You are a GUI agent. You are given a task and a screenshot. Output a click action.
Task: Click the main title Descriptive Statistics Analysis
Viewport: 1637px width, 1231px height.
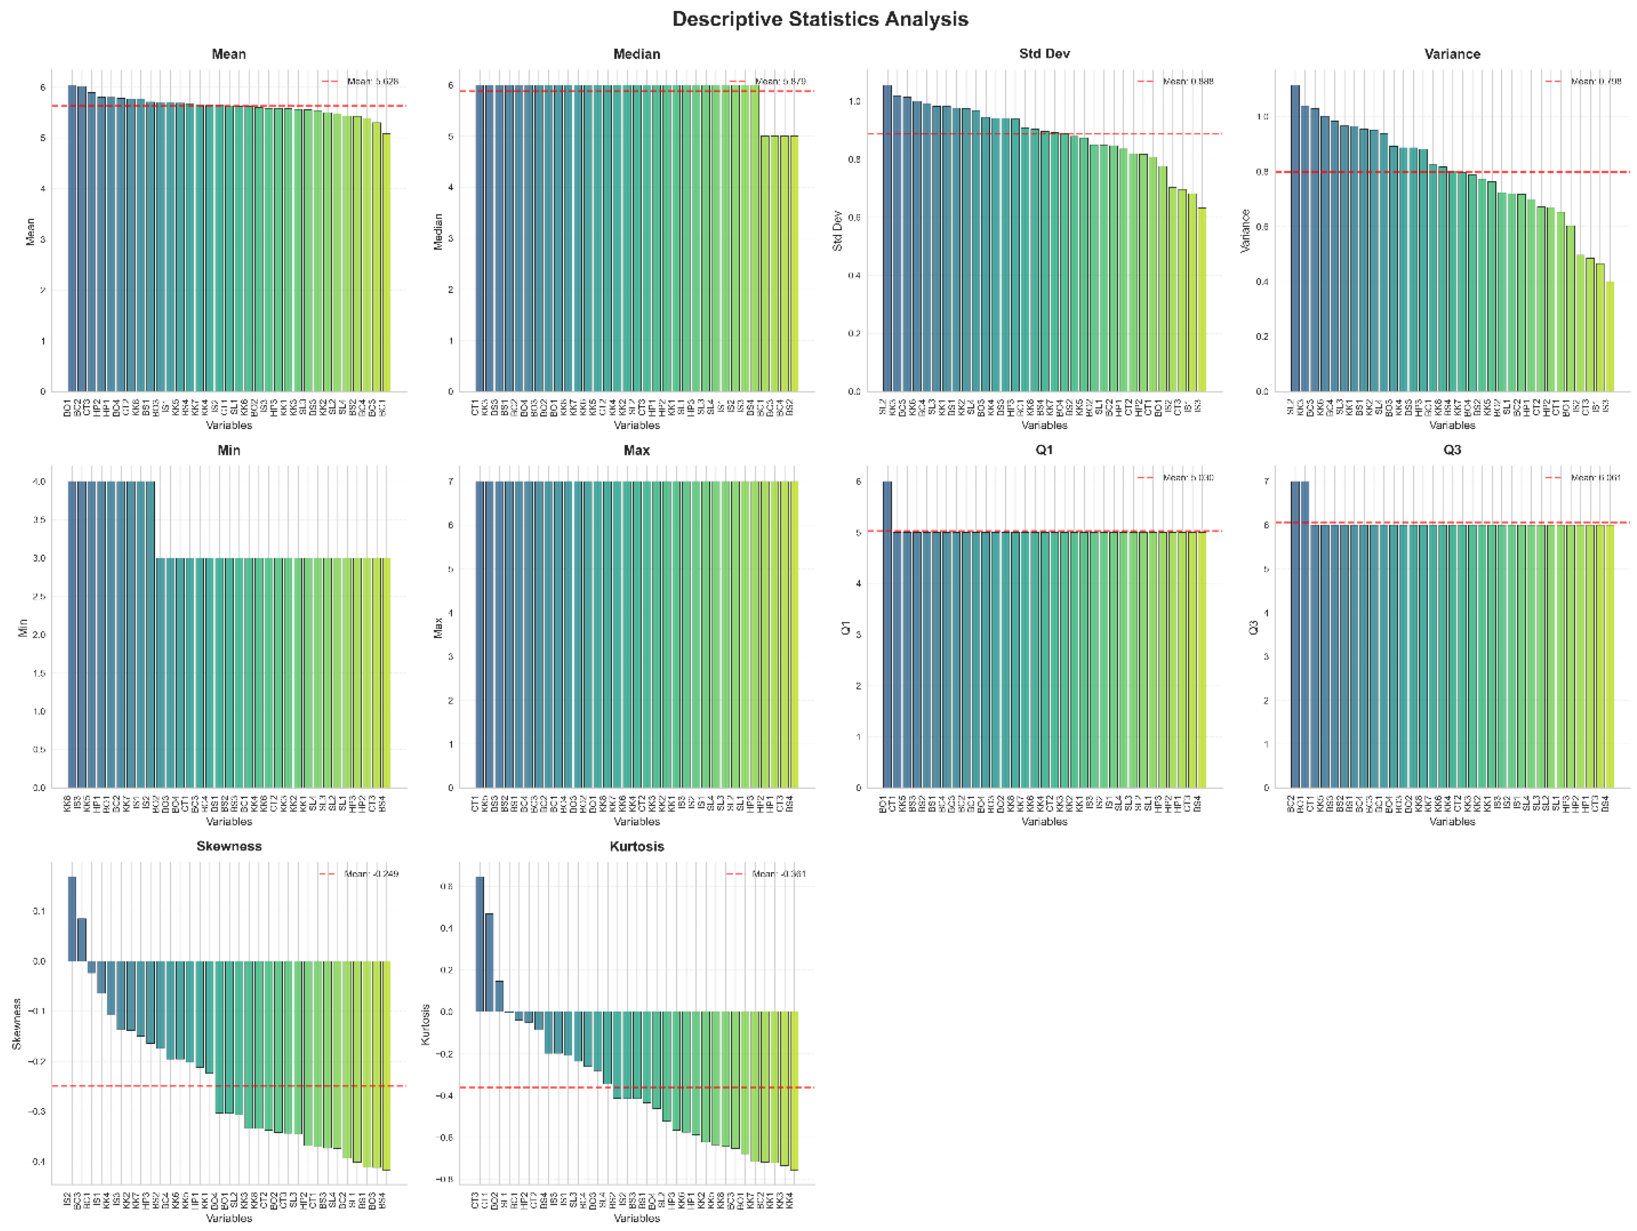pos(820,19)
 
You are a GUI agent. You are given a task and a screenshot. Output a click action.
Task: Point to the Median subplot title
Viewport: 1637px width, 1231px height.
pos(637,54)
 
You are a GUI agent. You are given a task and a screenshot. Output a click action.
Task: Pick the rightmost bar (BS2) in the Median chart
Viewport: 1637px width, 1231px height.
pos(794,263)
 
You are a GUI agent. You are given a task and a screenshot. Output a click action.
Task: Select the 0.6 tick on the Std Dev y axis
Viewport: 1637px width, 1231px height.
pos(856,218)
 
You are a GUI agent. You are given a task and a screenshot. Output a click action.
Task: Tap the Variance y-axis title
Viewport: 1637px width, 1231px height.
pos(1246,231)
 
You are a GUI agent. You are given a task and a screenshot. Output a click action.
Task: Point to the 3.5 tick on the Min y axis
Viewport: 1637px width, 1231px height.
pos(38,520)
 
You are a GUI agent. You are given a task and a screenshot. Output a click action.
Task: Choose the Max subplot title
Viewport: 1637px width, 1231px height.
pos(637,451)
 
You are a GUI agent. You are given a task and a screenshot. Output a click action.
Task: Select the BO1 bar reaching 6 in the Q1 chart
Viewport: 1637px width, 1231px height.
pos(887,635)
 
